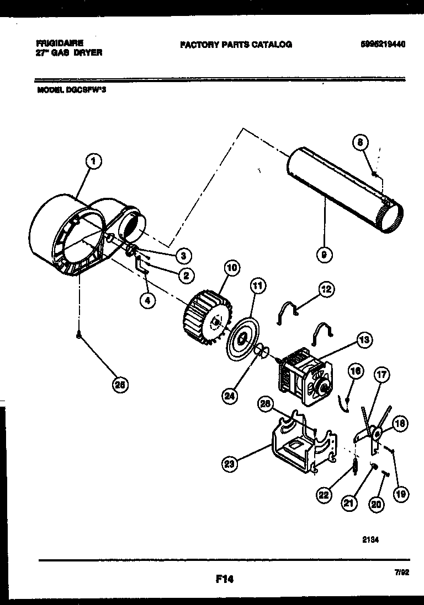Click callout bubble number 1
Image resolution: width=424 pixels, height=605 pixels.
tap(93, 161)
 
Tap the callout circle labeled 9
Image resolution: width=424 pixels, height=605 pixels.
tap(325, 254)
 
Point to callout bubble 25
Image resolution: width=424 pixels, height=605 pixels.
tap(118, 386)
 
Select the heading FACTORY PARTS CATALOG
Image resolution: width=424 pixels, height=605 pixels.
tap(236, 45)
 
